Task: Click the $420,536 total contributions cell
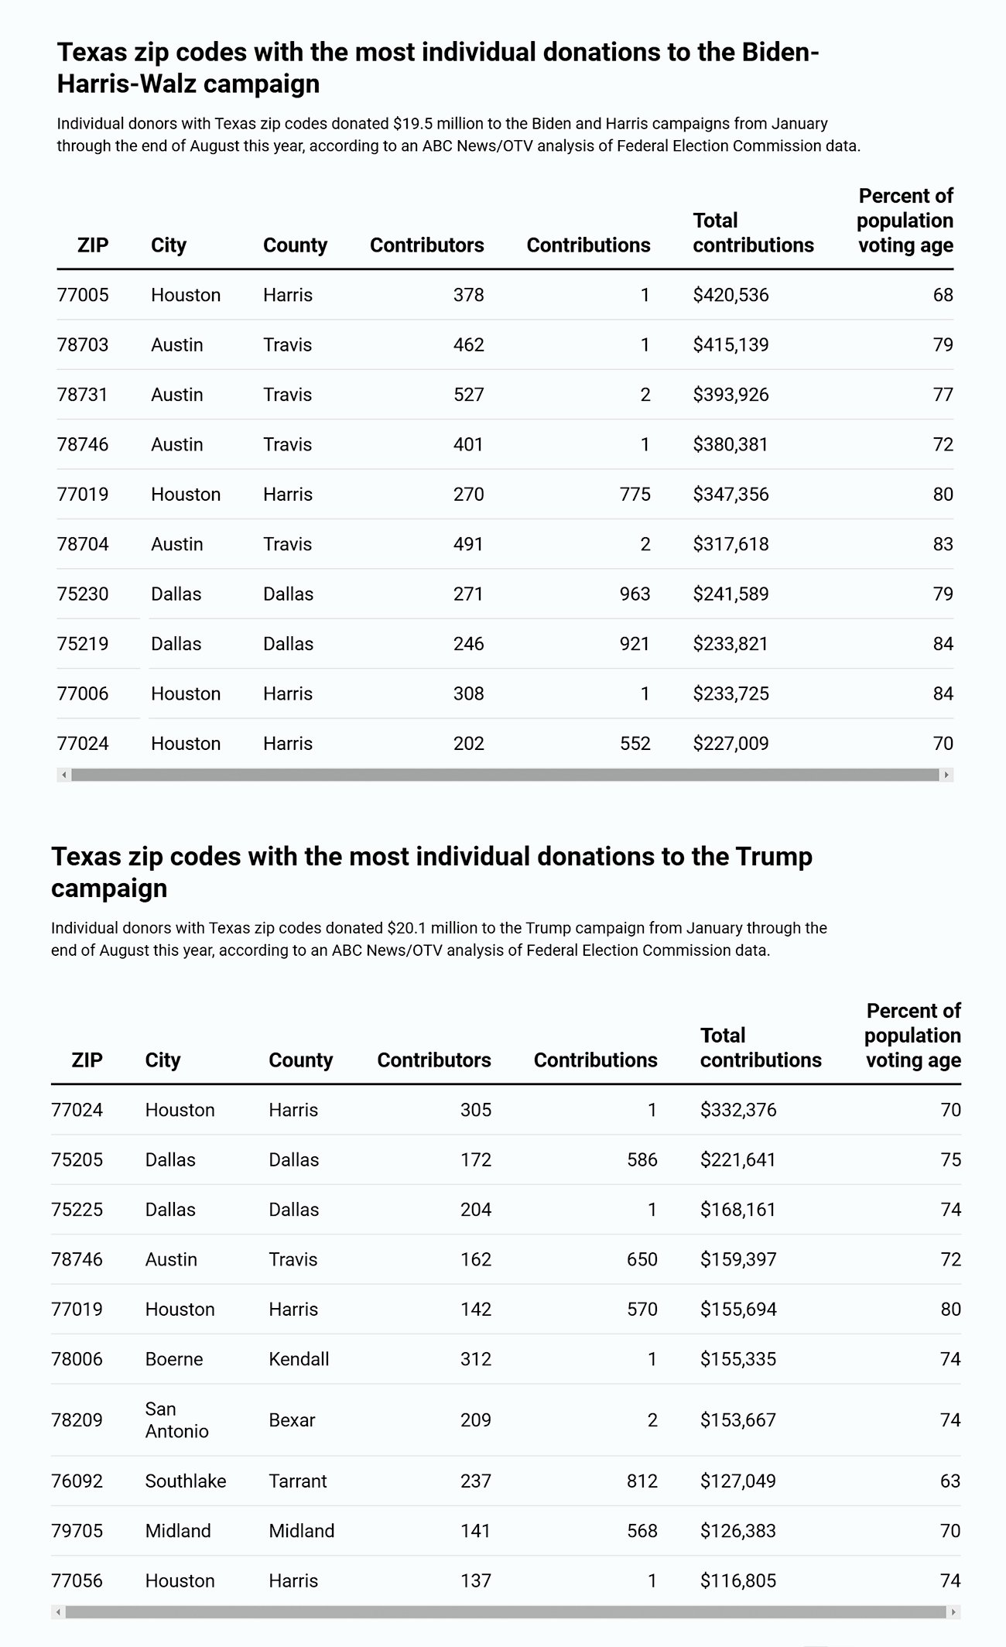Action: click(x=731, y=295)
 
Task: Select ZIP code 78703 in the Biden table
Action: click(x=83, y=344)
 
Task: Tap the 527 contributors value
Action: click(x=468, y=395)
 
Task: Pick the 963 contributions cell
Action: click(x=635, y=594)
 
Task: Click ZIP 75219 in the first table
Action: click(x=83, y=644)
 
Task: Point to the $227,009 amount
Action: click(x=731, y=744)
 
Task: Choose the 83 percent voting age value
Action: click(x=943, y=544)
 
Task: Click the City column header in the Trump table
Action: click(x=163, y=1060)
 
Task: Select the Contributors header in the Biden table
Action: click(x=426, y=245)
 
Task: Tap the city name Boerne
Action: click(x=174, y=1359)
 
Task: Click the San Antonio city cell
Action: click(x=176, y=1420)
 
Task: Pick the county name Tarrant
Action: click(x=298, y=1481)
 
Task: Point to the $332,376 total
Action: click(x=738, y=1110)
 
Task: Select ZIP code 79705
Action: click(x=77, y=1531)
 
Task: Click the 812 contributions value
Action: click(x=642, y=1481)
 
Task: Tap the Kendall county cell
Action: click(x=299, y=1359)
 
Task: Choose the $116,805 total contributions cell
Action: click(x=738, y=1580)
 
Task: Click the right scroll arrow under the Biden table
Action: click(x=946, y=775)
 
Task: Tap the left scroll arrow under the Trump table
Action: click(x=58, y=1612)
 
